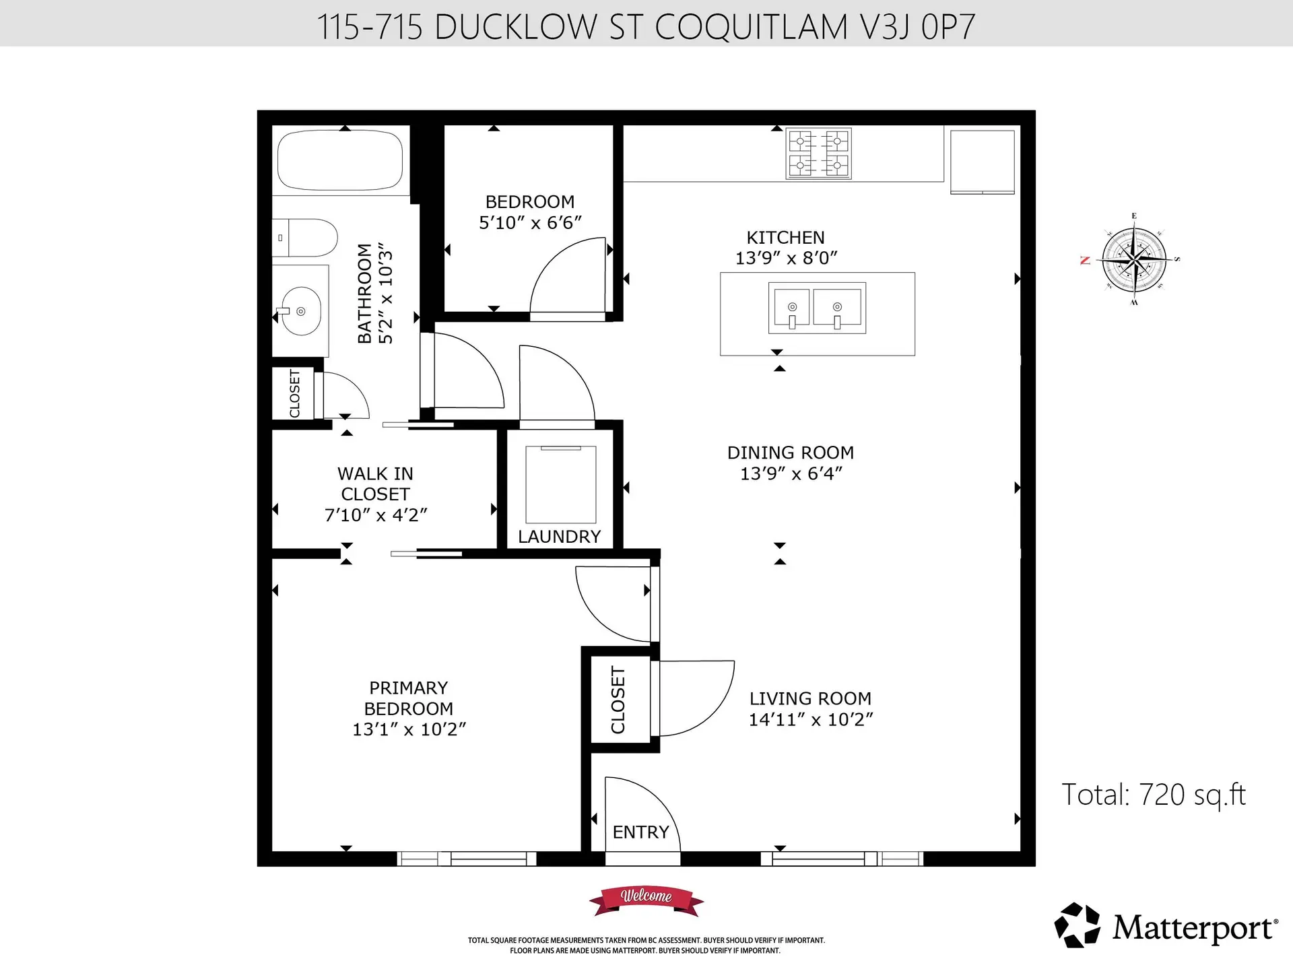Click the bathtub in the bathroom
click(340, 160)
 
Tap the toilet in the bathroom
click(306, 238)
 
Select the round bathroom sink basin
click(301, 311)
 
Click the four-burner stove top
click(818, 154)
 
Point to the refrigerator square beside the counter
click(982, 162)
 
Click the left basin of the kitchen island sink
click(792, 308)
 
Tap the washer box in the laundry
click(560, 484)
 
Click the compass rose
click(1135, 260)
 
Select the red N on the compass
click(1085, 261)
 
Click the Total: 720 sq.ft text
click(1153, 795)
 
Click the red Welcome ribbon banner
click(646, 898)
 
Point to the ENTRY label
click(640, 832)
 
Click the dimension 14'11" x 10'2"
click(810, 720)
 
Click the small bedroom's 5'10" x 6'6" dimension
click(530, 223)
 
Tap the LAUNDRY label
click(559, 537)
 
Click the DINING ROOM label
click(790, 453)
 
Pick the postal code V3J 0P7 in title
click(917, 27)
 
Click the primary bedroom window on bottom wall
click(466, 859)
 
